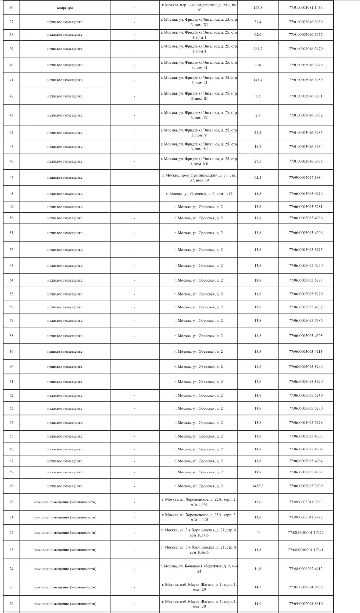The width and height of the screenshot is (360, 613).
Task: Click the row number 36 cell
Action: tap(11, 8)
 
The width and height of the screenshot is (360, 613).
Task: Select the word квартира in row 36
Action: tap(65, 8)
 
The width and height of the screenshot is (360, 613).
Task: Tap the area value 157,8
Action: tap(258, 8)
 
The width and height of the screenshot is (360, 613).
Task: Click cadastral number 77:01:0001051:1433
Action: tap(306, 8)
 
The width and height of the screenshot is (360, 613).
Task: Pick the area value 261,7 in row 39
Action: tap(258, 49)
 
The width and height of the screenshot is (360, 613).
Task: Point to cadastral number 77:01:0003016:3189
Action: tap(306, 22)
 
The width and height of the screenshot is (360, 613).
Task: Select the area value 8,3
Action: tap(258, 96)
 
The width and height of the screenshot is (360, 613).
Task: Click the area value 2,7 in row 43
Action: tap(258, 115)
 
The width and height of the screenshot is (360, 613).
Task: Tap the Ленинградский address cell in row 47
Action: tap(199, 178)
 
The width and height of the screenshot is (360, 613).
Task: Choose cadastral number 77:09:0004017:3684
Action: tap(306, 178)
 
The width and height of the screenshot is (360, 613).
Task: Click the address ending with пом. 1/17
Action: tap(199, 194)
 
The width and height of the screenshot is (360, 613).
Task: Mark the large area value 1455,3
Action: tap(258, 486)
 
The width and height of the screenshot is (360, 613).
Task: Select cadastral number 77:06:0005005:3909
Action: tap(306, 486)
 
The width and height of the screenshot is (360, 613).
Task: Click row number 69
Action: tap(11, 486)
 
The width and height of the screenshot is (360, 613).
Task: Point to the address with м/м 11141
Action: tap(199, 502)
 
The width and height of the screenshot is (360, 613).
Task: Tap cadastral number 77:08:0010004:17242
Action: tap(306, 533)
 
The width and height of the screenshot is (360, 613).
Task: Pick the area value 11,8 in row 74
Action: tap(258, 569)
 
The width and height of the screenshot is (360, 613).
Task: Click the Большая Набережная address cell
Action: tap(199, 569)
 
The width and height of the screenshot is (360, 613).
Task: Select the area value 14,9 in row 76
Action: tap(258, 604)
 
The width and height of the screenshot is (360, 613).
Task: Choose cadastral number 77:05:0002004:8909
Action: tap(306, 587)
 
